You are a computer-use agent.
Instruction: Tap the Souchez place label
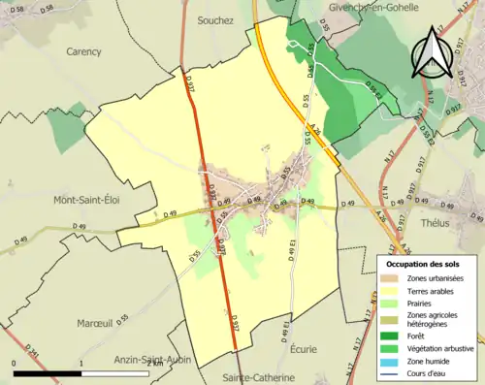pos(215,19)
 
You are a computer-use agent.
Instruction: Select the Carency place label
pos(84,51)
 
